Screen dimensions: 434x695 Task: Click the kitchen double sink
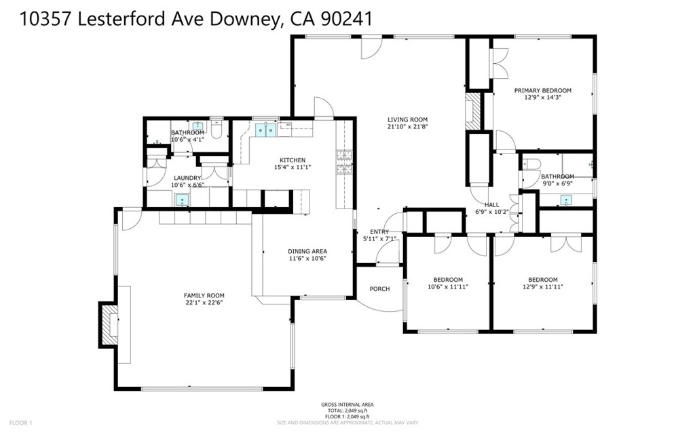[265, 129]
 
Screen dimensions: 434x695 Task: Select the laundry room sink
[182, 199]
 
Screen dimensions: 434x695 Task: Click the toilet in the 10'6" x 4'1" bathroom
[217, 128]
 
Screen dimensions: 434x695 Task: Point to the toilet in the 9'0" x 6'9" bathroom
[531, 165]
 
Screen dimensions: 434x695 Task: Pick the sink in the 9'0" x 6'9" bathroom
[566, 200]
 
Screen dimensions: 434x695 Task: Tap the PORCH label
[379, 289]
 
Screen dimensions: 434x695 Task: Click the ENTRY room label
[379, 232]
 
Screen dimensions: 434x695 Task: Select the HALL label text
[492, 204]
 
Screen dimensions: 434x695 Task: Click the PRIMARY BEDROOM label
[542, 90]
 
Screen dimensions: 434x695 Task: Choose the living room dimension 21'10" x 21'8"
[407, 126]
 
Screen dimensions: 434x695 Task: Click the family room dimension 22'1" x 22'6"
[204, 303]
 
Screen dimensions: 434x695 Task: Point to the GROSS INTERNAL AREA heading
[347, 405]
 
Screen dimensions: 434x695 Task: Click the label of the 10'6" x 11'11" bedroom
[448, 279]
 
